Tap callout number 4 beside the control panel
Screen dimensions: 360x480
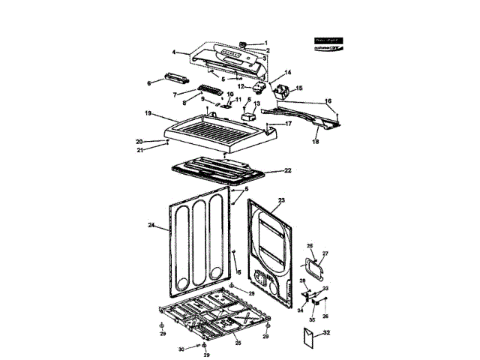[x=174, y=53]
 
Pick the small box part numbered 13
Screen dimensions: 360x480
[x=248, y=117]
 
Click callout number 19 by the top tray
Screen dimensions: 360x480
[x=149, y=113]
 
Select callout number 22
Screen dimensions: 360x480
[x=287, y=171]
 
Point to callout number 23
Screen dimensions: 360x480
[x=281, y=201]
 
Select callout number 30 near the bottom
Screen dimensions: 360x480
[x=180, y=349]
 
